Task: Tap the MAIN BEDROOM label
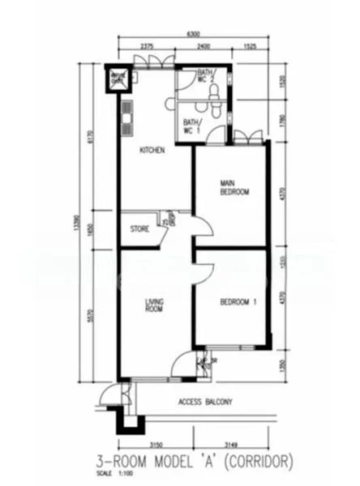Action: point(234,188)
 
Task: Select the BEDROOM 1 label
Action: point(238,303)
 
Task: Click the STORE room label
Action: point(139,229)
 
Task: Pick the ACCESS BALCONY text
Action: point(205,402)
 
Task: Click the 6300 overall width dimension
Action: point(192,34)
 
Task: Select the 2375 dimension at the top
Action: point(148,47)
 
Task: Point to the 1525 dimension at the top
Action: point(250,47)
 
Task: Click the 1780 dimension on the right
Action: point(281,122)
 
